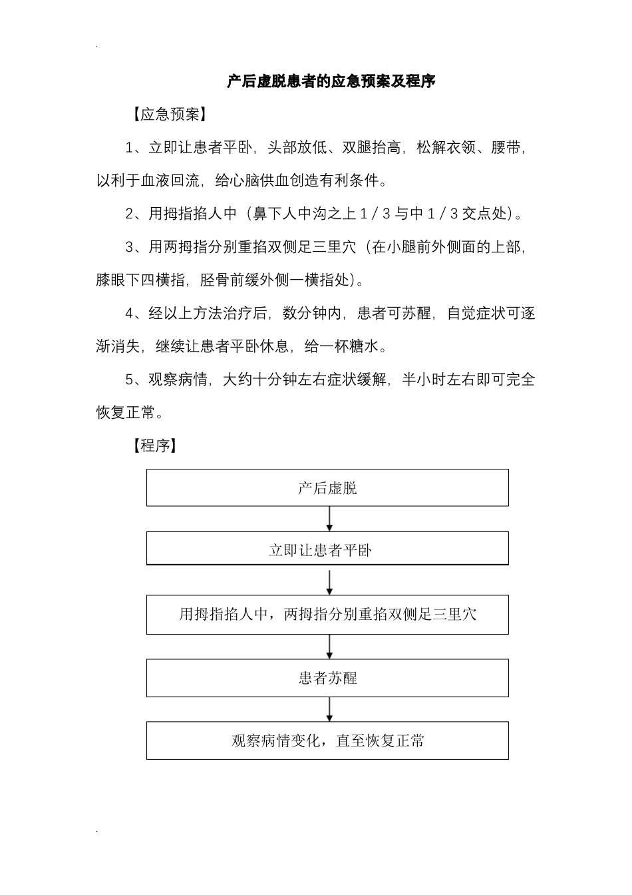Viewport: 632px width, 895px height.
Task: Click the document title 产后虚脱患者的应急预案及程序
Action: click(331, 81)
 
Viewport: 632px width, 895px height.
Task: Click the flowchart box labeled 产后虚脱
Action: click(327, 488)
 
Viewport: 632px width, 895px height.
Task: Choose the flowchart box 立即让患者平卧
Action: click(327, 550)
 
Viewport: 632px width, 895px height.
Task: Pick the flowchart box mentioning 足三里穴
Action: click(327, 614)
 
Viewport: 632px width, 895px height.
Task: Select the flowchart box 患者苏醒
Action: click(327, 678)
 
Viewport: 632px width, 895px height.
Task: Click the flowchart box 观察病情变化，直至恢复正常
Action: click(327, 741)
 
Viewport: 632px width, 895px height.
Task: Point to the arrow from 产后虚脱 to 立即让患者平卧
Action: click(329, 519)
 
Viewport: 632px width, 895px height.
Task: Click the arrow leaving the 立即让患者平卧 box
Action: click(329, 581)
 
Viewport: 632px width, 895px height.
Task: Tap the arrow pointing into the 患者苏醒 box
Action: click(329, 646)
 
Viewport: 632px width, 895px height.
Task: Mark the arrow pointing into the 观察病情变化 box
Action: click(329, 709)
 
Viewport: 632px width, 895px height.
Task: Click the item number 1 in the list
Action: click(130, 148)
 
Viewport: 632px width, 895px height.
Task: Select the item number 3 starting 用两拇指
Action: click(130, 248)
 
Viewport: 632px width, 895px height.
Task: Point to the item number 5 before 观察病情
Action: click(130, 380)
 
